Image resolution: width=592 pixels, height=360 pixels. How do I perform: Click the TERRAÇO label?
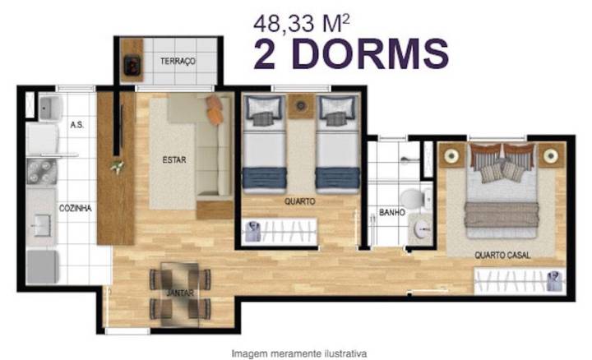coord(178,62)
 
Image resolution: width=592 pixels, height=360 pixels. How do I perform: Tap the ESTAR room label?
coord(174,160)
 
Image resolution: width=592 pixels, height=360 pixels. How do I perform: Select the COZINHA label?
coord(75,209)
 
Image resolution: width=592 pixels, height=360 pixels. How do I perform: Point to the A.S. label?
coord(77,125)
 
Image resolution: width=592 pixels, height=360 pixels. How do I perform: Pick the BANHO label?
coord(391,212)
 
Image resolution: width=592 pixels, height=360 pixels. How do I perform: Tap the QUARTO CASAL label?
coord(502,256)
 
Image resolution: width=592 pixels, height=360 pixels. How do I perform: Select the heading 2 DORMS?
coord(351,53)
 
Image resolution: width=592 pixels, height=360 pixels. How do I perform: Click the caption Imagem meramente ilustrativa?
coord(298,353)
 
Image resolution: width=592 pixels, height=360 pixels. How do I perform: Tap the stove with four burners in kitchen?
coord(41,173)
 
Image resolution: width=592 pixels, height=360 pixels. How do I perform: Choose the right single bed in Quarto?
coord(337,144)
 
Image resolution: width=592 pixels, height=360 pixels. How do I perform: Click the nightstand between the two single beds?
coord(300,106)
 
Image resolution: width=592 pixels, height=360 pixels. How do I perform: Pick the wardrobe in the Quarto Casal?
coord(519,281)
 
